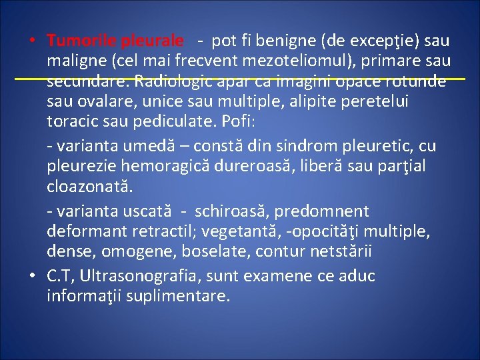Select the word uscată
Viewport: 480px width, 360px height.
[147, 211]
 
